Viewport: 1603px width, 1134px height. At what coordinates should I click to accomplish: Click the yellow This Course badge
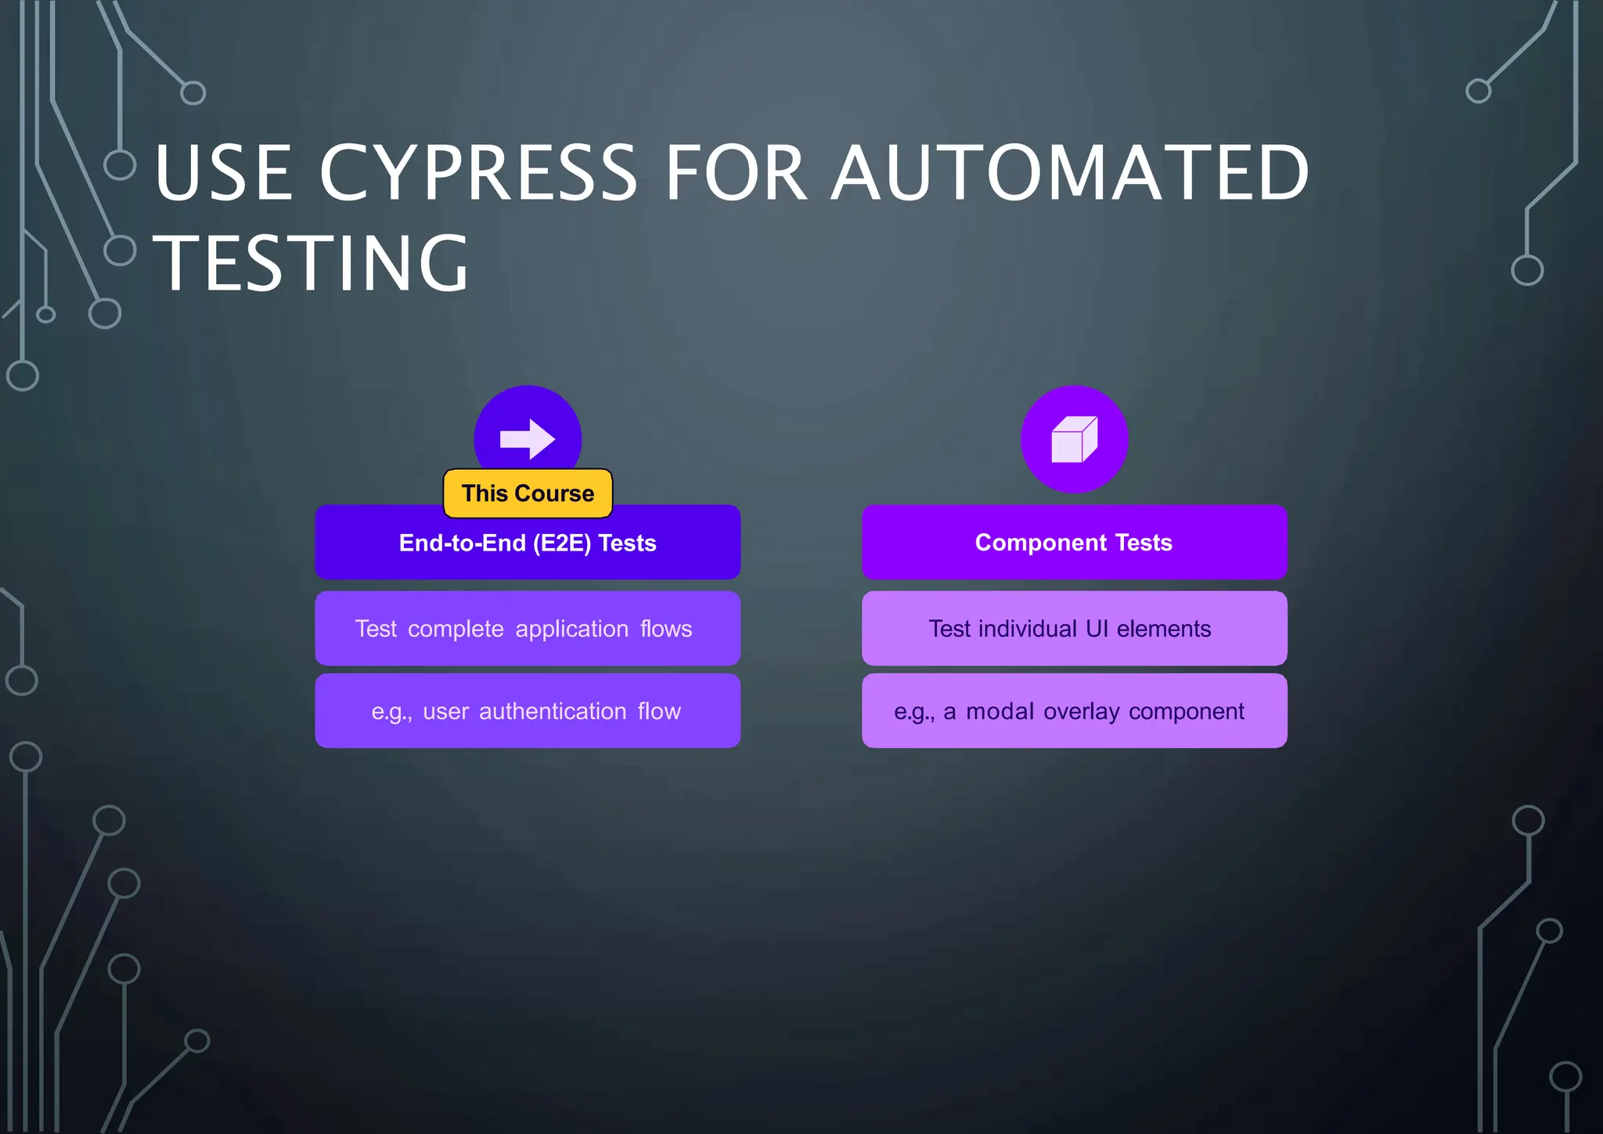528,493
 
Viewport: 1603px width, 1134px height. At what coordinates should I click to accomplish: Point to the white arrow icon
528,439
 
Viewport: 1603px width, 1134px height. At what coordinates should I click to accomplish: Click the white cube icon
1074,439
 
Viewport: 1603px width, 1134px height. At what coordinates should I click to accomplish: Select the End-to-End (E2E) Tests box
528,543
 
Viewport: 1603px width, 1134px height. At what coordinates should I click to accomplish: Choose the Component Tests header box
1074,543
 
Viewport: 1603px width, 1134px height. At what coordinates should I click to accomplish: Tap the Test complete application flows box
528,629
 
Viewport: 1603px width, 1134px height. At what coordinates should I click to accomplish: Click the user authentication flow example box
528,711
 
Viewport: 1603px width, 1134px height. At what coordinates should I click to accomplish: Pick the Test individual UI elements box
1074,629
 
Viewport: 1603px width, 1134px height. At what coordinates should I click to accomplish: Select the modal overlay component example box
1074,711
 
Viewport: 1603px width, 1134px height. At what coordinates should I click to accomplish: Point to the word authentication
553,711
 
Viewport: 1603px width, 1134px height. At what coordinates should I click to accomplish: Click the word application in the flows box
572,629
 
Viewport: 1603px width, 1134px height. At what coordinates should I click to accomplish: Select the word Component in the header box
1041,543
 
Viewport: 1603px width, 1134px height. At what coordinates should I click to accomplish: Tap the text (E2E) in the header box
561,543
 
